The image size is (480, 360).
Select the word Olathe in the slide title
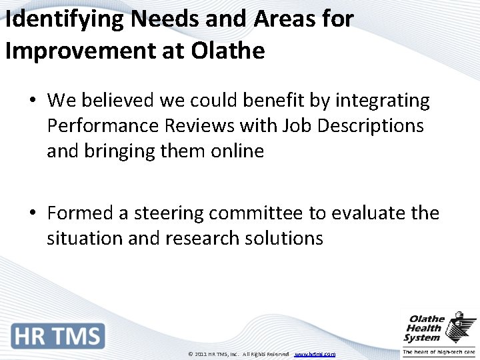tap(229, 51)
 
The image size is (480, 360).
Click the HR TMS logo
tap(58, 335)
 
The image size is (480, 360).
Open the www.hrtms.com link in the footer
tap(315, 354)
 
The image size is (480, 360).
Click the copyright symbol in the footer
tap(191, 354)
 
